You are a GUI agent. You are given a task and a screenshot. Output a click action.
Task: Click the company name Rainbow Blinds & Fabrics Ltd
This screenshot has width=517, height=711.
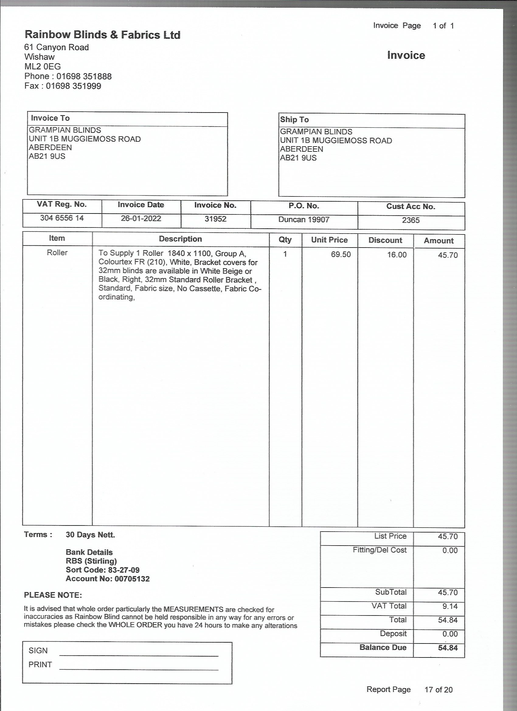tap(102, 34)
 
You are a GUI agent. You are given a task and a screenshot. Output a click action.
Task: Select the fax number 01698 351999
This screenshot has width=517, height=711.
tap(73, 86)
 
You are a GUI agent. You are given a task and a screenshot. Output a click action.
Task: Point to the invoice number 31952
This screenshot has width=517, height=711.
tap(215, 219)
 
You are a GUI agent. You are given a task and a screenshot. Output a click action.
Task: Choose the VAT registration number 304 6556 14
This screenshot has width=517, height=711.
tap(62, 218)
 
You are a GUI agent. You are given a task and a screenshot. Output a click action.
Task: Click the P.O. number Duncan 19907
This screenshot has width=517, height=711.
tap(304, 220)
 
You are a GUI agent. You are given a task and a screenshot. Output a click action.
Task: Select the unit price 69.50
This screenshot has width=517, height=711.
tap(341, 254)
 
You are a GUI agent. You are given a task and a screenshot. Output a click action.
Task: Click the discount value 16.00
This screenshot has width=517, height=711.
tap(397, 255)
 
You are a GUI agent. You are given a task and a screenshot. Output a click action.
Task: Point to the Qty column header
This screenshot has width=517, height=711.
tap(285, 240)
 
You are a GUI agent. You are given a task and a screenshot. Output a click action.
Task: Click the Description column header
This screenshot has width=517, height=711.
tap(180, 239)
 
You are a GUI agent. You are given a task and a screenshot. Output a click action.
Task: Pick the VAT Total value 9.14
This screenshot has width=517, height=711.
tap(449, 606)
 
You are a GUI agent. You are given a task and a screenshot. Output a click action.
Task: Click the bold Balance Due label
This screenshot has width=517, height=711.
tap(383, 647)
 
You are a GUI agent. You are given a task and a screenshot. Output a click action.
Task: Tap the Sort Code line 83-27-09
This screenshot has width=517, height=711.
tap(102, 570)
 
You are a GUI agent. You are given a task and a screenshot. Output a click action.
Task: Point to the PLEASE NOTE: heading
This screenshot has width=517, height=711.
tap(53, 595)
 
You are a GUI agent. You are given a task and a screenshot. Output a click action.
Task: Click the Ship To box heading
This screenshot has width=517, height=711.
tap(294, 120)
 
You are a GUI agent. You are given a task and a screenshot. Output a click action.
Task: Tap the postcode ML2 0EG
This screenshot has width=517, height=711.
tap(43, 67)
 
